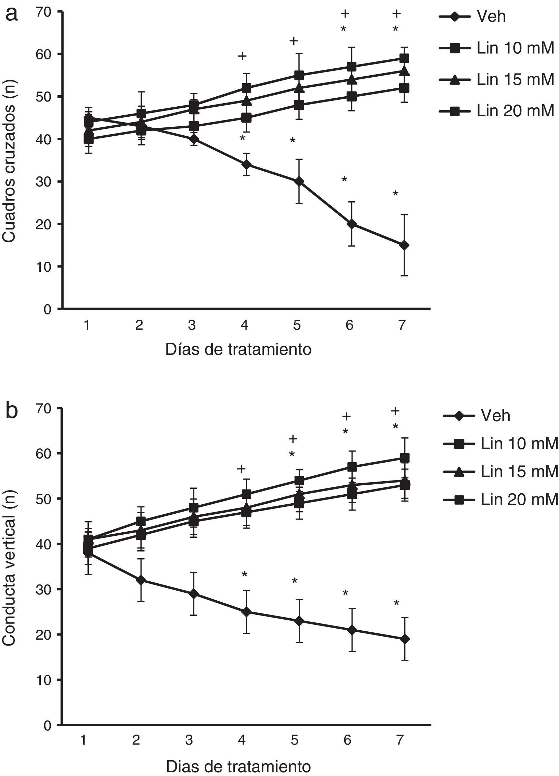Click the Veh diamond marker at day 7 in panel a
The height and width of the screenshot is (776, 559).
(404, 245)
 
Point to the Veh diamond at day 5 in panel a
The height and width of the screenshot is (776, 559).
(299, 182)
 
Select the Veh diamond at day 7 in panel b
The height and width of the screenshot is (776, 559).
(405, 639)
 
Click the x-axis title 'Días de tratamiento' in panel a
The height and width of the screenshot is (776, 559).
(238, 350)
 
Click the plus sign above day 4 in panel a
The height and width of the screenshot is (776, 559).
(242, 56)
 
